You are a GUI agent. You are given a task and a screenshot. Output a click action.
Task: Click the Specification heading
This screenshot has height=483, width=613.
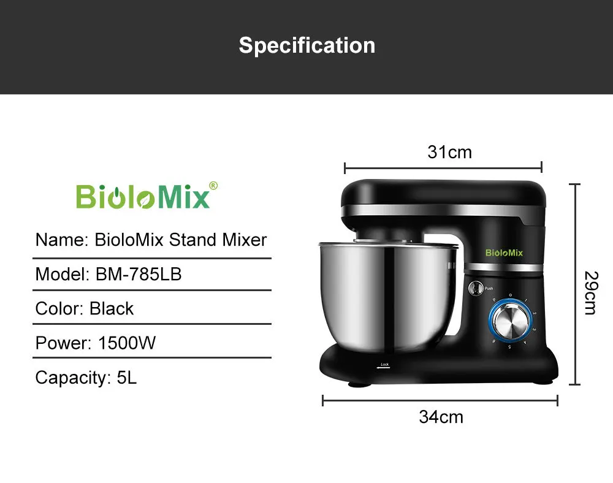[306, 46]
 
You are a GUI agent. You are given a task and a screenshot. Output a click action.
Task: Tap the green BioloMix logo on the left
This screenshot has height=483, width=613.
[143, 196]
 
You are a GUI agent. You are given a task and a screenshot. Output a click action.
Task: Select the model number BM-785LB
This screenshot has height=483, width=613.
[139, 274]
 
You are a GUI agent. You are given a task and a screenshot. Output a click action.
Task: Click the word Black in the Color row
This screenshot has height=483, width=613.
[112, 308]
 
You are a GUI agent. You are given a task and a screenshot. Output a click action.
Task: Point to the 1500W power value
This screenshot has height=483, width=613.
[127, 343]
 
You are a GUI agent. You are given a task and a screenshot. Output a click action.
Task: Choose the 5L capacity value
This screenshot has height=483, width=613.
[127, 377]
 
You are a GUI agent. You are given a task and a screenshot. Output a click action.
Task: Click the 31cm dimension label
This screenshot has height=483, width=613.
[449, 152]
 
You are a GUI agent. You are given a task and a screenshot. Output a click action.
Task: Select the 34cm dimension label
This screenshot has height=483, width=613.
[441, 417]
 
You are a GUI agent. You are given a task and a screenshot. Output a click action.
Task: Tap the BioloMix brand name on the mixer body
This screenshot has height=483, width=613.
[504, 253]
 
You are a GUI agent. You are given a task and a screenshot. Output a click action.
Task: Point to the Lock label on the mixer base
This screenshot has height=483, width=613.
[384, 365]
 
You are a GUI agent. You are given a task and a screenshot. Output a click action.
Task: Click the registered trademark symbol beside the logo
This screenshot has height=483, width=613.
[213, 185]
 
